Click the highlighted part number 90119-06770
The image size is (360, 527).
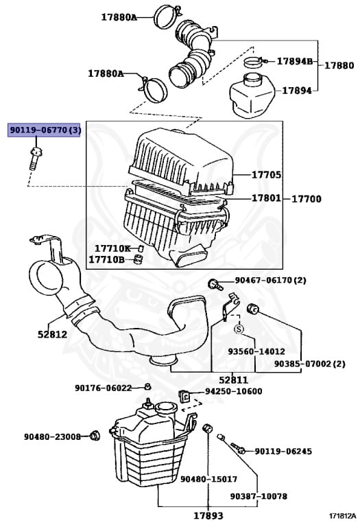click(x=44, y=130)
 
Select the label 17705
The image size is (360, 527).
click(x=266, y=175)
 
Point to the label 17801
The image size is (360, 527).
click(x=266, y=198)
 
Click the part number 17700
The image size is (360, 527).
click(x=307, y=198)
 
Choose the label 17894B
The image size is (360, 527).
click(x=294, y=62)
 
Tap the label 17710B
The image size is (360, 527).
click(x=109, y=259)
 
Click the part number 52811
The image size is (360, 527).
click(x=233, y=379)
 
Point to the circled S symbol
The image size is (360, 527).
click(x=239, y=329)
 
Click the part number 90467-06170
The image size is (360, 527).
click(x=270, y=280)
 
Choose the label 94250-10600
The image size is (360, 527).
click(x=233, y=391)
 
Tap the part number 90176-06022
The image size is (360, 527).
click(x=103, y=388)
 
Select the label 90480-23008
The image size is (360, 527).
click(x=52, y=436)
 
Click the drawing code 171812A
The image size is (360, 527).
click(x=341, y=515)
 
